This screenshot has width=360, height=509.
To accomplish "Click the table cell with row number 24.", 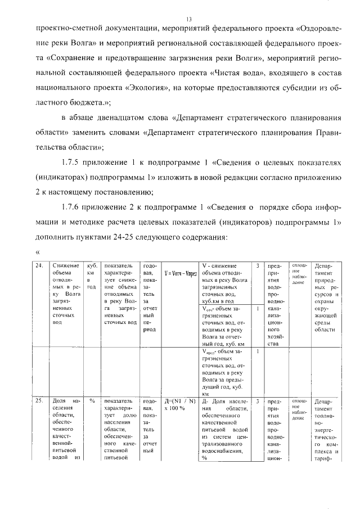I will click(x=39, y=266).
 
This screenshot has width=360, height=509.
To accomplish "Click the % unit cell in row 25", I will click(x=92, y=402).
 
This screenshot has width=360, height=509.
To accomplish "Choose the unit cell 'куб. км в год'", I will click(x=92, y=276).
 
